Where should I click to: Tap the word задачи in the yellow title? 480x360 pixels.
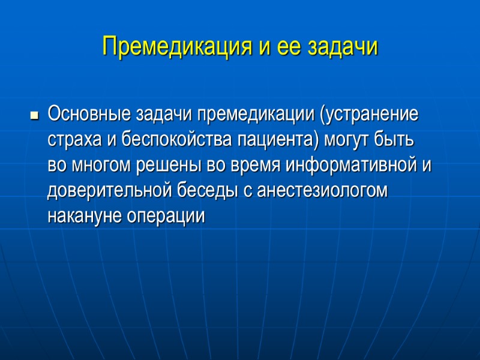[x=343, y=46]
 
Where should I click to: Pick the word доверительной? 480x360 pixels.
[x=110, y=191]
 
